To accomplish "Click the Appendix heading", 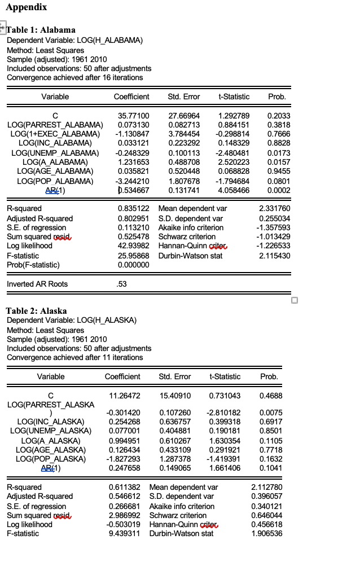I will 27,7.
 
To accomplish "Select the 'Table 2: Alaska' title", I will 36,311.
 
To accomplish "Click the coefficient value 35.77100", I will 133,115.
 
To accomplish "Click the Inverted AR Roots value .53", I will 121,284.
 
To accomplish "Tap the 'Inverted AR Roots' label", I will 37,284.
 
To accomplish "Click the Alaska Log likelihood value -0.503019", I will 124,524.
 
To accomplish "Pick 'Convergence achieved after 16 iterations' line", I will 74,77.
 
